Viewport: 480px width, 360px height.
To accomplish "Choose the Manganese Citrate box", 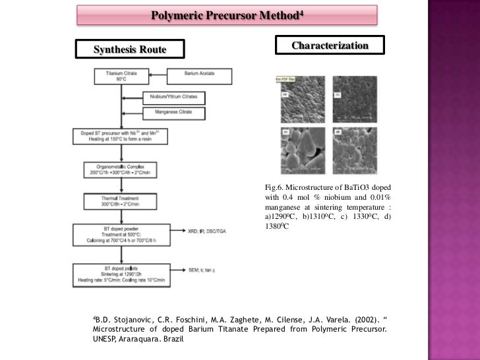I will (x=173, y=112).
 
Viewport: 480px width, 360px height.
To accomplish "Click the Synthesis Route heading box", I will (x=130, y=49).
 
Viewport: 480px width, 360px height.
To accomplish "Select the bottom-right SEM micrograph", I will (x=354, y=151).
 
